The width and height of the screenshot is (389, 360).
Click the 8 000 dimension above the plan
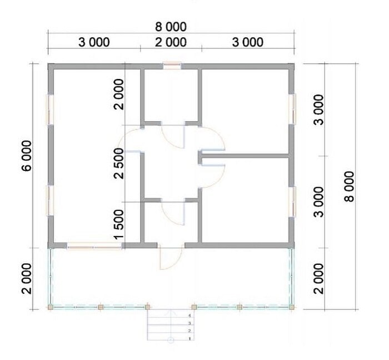click(x=171, y=27)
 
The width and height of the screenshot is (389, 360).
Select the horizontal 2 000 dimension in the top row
click(x=171, y=42)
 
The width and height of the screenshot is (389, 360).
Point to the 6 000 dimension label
click(x=27, y=156)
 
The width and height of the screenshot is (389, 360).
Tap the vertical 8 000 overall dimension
click(x=350, y=186)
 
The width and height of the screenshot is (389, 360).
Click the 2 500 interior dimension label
click(x=118, y=164)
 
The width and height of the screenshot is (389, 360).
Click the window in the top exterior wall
click(x=172, y=66)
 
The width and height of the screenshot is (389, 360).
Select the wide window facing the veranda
click(x=94, y=246)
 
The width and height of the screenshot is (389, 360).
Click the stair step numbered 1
click(x=171, y=337)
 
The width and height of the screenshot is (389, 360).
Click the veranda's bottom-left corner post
click(x=51, y=307)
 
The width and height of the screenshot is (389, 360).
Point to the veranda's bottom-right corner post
click(x=292, y=307)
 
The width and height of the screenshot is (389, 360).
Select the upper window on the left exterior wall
click(x=51, y=109)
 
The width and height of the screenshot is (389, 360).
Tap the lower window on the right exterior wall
click(x=292, y=201)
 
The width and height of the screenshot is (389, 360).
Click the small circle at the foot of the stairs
click(x=171, y=340)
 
